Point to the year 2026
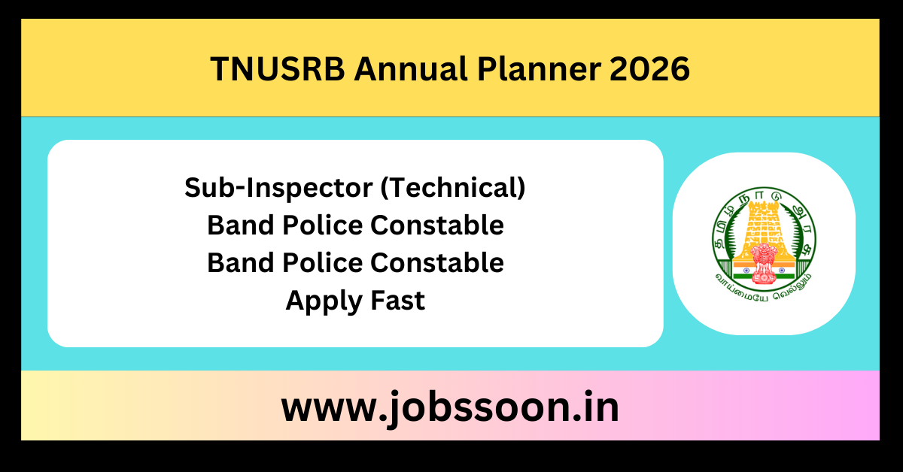649,69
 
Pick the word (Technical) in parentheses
452,188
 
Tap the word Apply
319,301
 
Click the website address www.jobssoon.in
450,408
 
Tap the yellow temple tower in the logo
763,225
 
